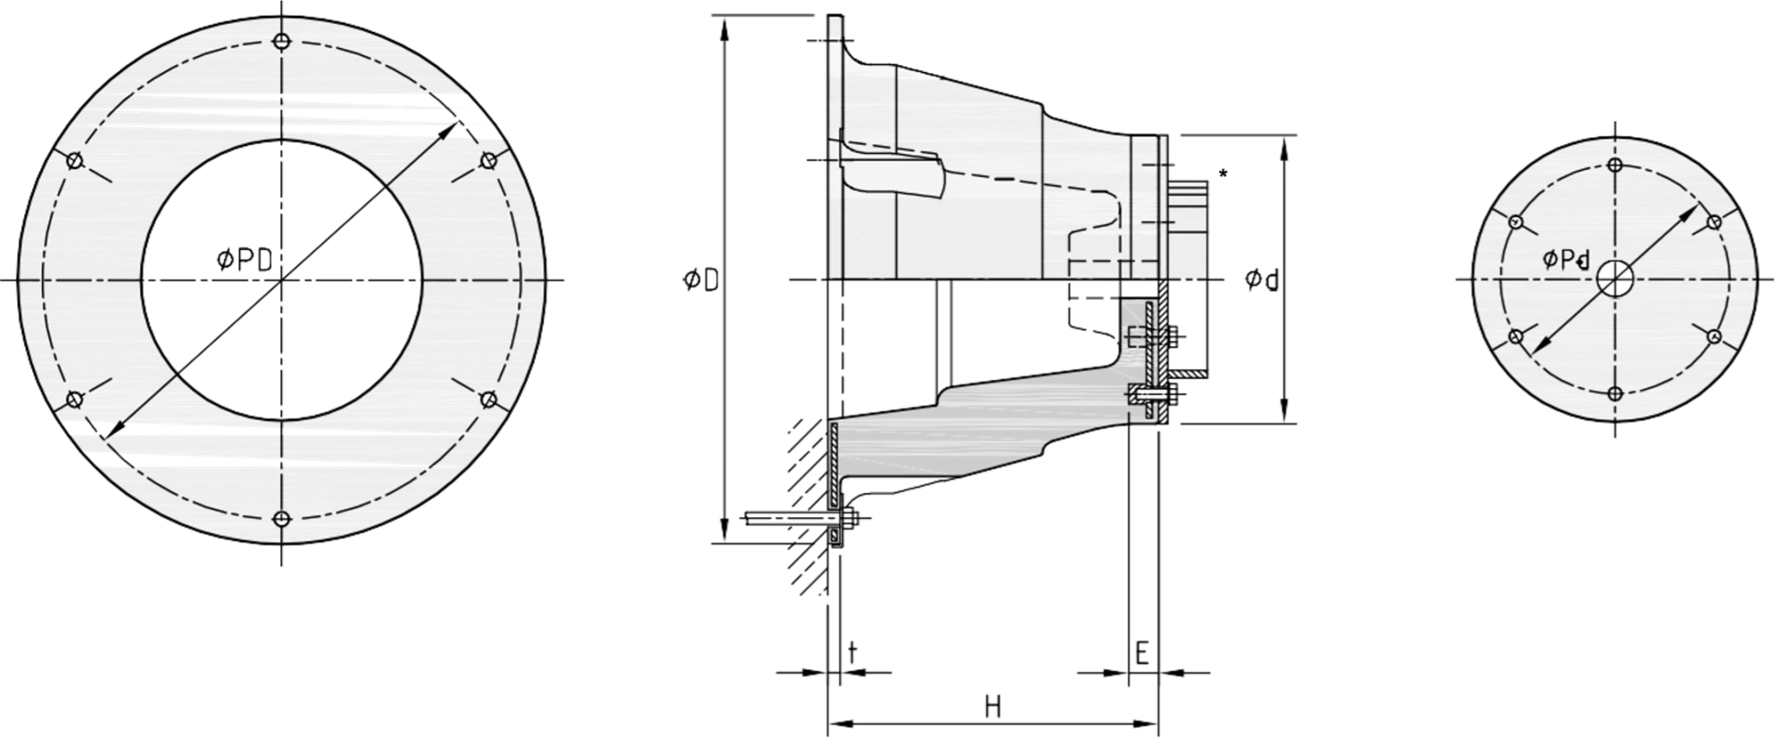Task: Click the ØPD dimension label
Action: click(x=244, y=259)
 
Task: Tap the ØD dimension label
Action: click(x=701, y=280)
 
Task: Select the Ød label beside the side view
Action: click(x=1262, y=279)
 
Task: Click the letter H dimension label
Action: click(x=993, y=707)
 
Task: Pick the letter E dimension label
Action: click(x=1143, y=653)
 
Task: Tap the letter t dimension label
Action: click(x=853, y=652)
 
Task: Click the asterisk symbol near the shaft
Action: click(x=1223, y=174)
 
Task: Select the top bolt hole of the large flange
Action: click(x=280, y=41)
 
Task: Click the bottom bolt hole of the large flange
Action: click(x=280, y=519)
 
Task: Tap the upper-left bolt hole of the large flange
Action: click(x=74, y=161)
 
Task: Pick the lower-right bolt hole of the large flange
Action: click(x=488, y=399)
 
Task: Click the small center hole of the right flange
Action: click(x=1614, y=279)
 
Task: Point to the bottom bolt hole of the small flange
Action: click(x=1615, y=393)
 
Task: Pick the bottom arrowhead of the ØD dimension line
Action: click(x=722, y=531)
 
